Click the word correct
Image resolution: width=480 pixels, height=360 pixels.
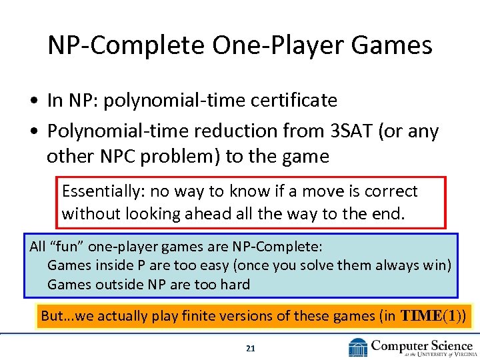pyautogui.click(x=390, y=191)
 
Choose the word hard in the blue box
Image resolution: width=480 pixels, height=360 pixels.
pyautogui.click(x=235, y=285)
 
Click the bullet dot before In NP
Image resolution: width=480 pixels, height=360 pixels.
pyautogui.click(x=33, y=101)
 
